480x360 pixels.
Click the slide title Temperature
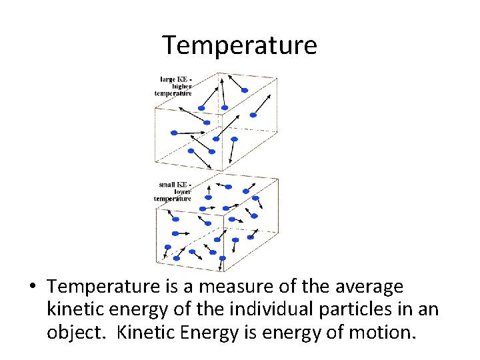(239, 45)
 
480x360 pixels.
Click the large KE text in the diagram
(175, 79)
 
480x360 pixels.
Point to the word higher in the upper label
(181, 87)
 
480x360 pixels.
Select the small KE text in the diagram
(175, 184)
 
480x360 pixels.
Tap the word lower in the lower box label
(182, 191)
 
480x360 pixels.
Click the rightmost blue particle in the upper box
(253, 115)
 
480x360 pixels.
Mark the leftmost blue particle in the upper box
(174, 133)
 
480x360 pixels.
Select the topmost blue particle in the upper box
(244, 90)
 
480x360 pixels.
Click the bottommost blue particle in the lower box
(222, 258)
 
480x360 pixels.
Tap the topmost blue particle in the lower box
(229, 187)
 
